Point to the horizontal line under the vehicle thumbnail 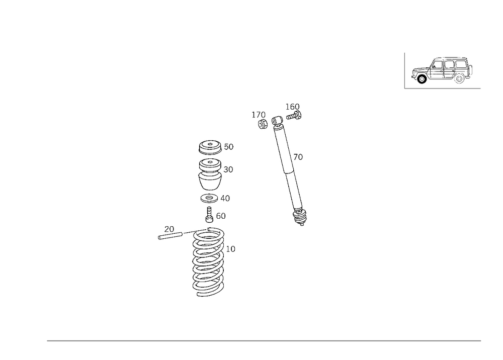443,89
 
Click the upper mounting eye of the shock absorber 277,122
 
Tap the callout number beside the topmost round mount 229,147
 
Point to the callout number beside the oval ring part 230,171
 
